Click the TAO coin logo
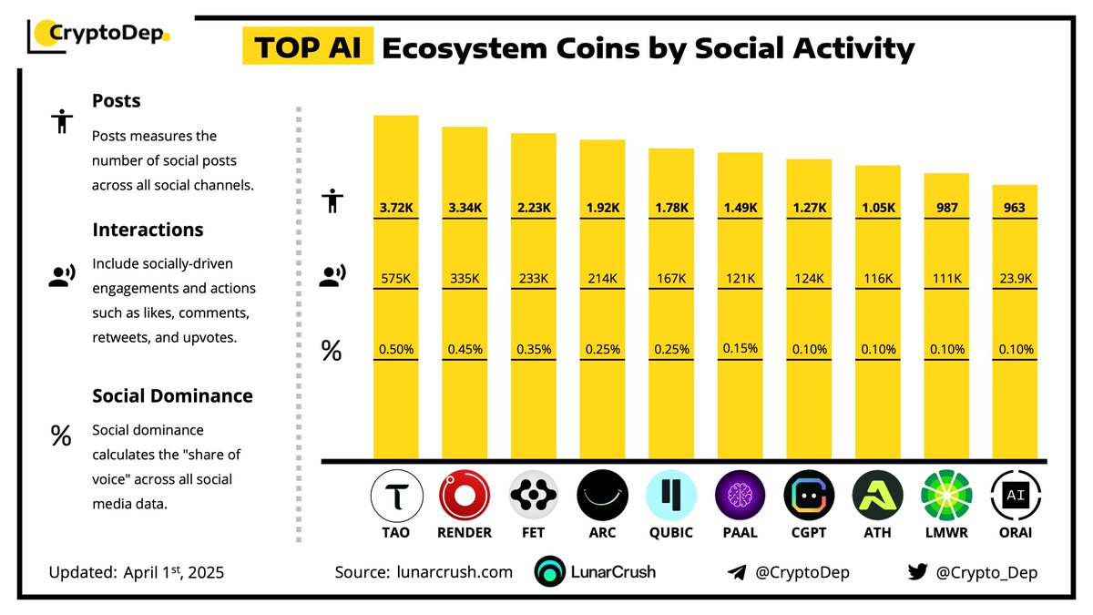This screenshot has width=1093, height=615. coord(396,496)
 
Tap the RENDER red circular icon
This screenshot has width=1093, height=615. coord(465,496)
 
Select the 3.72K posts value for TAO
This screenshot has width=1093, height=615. coord(396,208)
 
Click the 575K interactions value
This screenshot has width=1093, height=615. coord(396,278)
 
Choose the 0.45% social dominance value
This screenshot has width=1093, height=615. coord(465,349)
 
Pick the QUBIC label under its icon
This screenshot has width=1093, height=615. coord(670,533)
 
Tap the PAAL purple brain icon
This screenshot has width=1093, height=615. coord(740,496)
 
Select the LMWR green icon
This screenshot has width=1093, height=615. coord(946,496)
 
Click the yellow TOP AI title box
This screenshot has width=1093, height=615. coord(307,47)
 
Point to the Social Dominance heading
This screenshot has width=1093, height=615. coord(172,396)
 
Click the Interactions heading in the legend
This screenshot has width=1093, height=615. coord(148,230)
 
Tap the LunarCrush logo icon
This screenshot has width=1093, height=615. coord(550,572)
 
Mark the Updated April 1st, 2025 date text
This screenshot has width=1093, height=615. coord(136,573)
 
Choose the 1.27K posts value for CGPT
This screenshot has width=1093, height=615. coord(809,208)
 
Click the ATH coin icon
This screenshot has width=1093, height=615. coord(877,496)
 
